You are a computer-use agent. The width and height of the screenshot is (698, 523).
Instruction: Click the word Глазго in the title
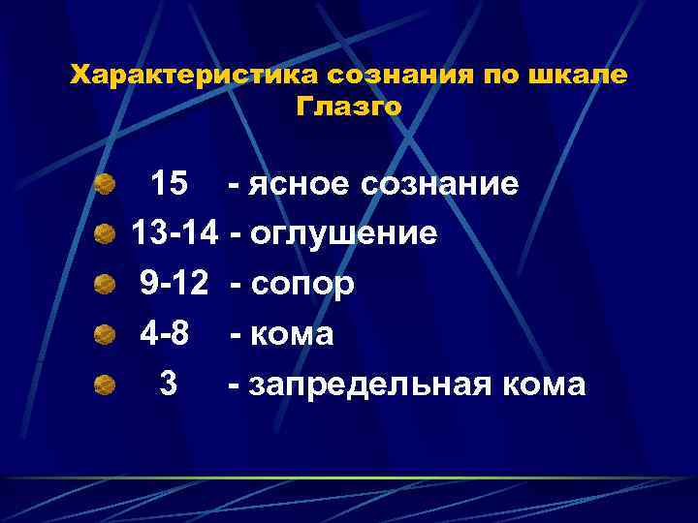click(x=348, y=107)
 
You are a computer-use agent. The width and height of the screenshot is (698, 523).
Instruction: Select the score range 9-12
click(x=175, y=284)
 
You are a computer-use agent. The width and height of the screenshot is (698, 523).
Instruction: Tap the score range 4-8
click(x=165, y=334)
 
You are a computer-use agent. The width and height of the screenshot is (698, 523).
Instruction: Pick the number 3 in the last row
click(x=168, y=385)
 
